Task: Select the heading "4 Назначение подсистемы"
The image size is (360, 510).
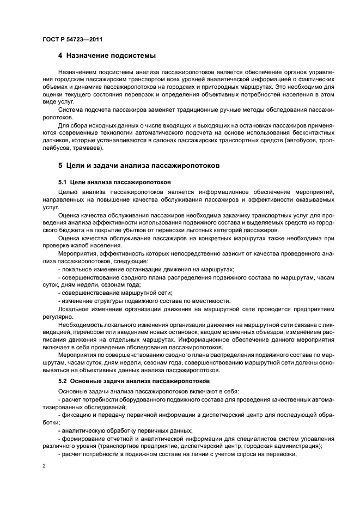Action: pos(107,56)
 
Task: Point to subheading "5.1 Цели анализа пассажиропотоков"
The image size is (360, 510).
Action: pos(115,181)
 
